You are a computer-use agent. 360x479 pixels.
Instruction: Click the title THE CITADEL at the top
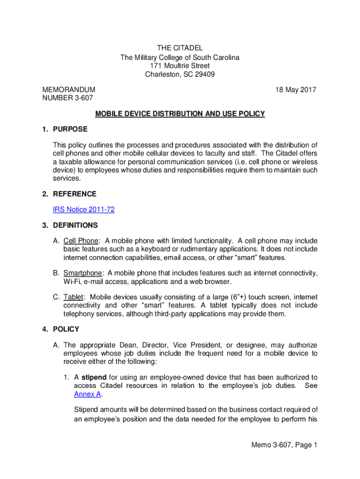(x=180, y=48)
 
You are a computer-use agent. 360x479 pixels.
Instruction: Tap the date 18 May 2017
(x=296, y=89)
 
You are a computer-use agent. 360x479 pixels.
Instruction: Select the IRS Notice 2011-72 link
(x=84, y=210)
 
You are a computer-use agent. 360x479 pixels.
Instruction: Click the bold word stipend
(x=94, y=377)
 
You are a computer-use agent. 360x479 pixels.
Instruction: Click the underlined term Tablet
(x=74, y=297)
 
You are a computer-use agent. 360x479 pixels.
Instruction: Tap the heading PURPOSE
(x=70, y=129)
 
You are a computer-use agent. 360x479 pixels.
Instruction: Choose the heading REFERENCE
(x=74, y=194)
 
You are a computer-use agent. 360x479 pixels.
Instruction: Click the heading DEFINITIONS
(x=75, y=225)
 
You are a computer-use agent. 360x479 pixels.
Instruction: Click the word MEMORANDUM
(x=69, y=89)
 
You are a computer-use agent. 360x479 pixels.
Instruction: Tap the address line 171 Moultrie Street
(x=180, y=66)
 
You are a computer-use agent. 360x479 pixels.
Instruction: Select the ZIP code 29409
(x=205, y=74)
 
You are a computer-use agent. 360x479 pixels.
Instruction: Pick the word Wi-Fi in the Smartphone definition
(x=72, y=281)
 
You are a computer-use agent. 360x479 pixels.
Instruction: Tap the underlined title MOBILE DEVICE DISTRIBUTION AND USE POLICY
(x=180, y=114)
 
